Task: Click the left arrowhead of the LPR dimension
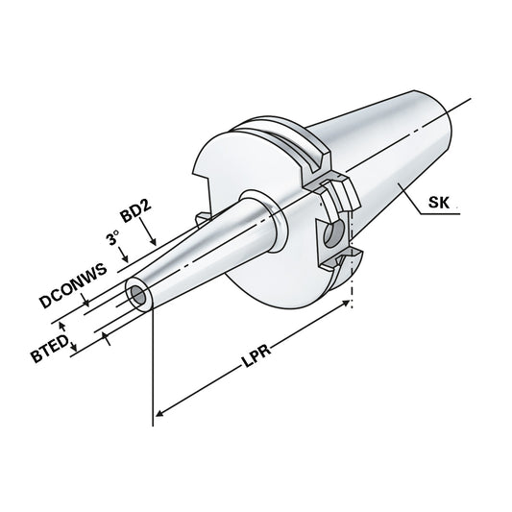point(159,414)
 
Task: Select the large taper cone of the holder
point(384,154)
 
